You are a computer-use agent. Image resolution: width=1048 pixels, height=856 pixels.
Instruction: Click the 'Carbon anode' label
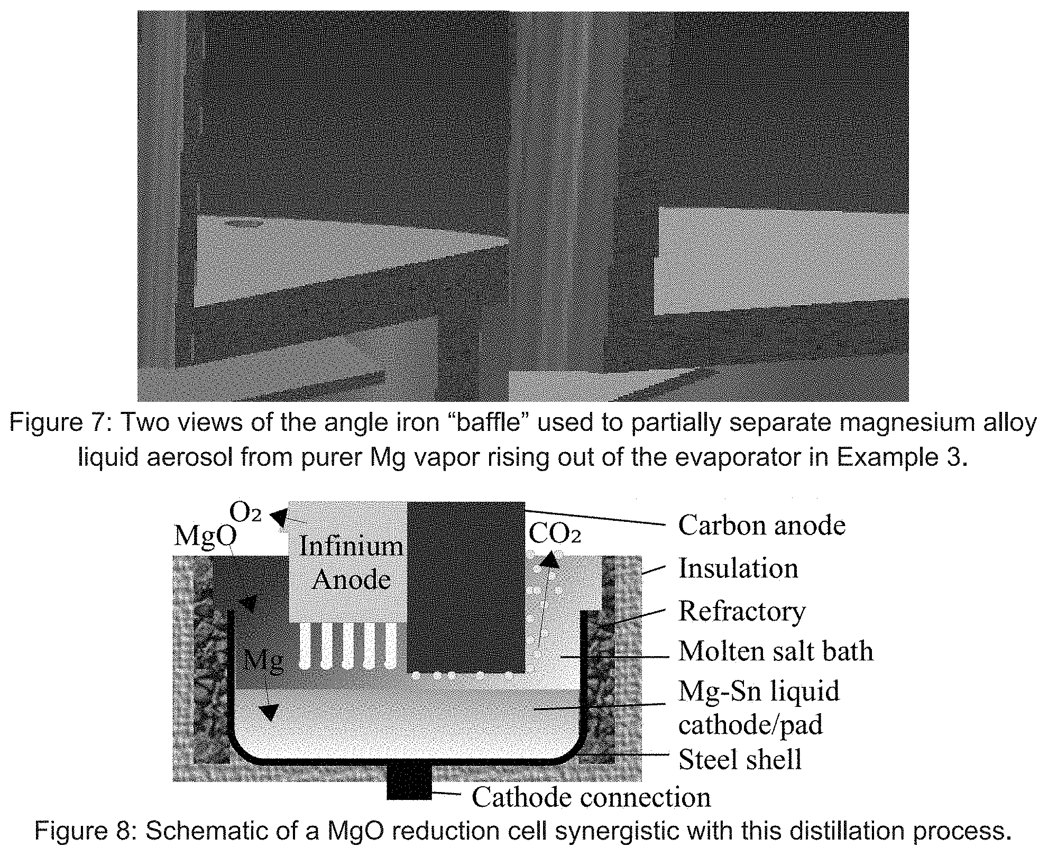click(761, 525)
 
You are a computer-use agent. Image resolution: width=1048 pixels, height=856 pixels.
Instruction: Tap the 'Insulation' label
click(738, 568)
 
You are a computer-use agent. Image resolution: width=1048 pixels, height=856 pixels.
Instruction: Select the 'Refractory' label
click(742, 611)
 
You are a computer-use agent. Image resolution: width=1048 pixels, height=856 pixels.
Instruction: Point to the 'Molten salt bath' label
click(776, 651)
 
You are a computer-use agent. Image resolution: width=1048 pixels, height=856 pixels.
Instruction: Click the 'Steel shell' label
click(740, 760)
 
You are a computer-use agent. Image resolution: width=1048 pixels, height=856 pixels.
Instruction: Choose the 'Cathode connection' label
click(591, 797)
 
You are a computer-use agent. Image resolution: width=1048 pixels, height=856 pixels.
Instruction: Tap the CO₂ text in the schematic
click(555, 535)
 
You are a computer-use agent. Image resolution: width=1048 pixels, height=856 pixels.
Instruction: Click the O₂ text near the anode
click(245, 511)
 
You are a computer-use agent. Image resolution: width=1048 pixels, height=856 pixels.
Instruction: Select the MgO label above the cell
click(205, 536)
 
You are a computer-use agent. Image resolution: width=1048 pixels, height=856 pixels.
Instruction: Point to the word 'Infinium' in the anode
click(351, 546)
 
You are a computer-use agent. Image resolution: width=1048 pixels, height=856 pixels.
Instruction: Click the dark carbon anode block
click(466, 587)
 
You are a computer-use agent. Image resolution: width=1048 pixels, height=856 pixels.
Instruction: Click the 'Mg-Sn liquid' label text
click(759, 691)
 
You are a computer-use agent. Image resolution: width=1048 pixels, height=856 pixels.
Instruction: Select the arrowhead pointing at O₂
click(279, 516)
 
